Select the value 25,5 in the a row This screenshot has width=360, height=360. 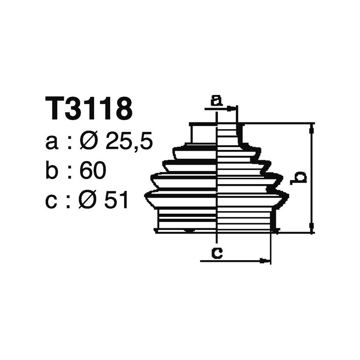point(129,142)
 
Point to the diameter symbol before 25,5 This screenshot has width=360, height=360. point(89,142)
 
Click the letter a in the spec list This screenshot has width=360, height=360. point(52,143)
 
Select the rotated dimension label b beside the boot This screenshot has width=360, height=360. point(298,177)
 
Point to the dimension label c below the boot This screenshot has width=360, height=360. point(217,253)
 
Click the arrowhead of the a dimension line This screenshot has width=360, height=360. point(232,108)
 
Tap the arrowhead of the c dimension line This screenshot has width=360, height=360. point(266,260)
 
